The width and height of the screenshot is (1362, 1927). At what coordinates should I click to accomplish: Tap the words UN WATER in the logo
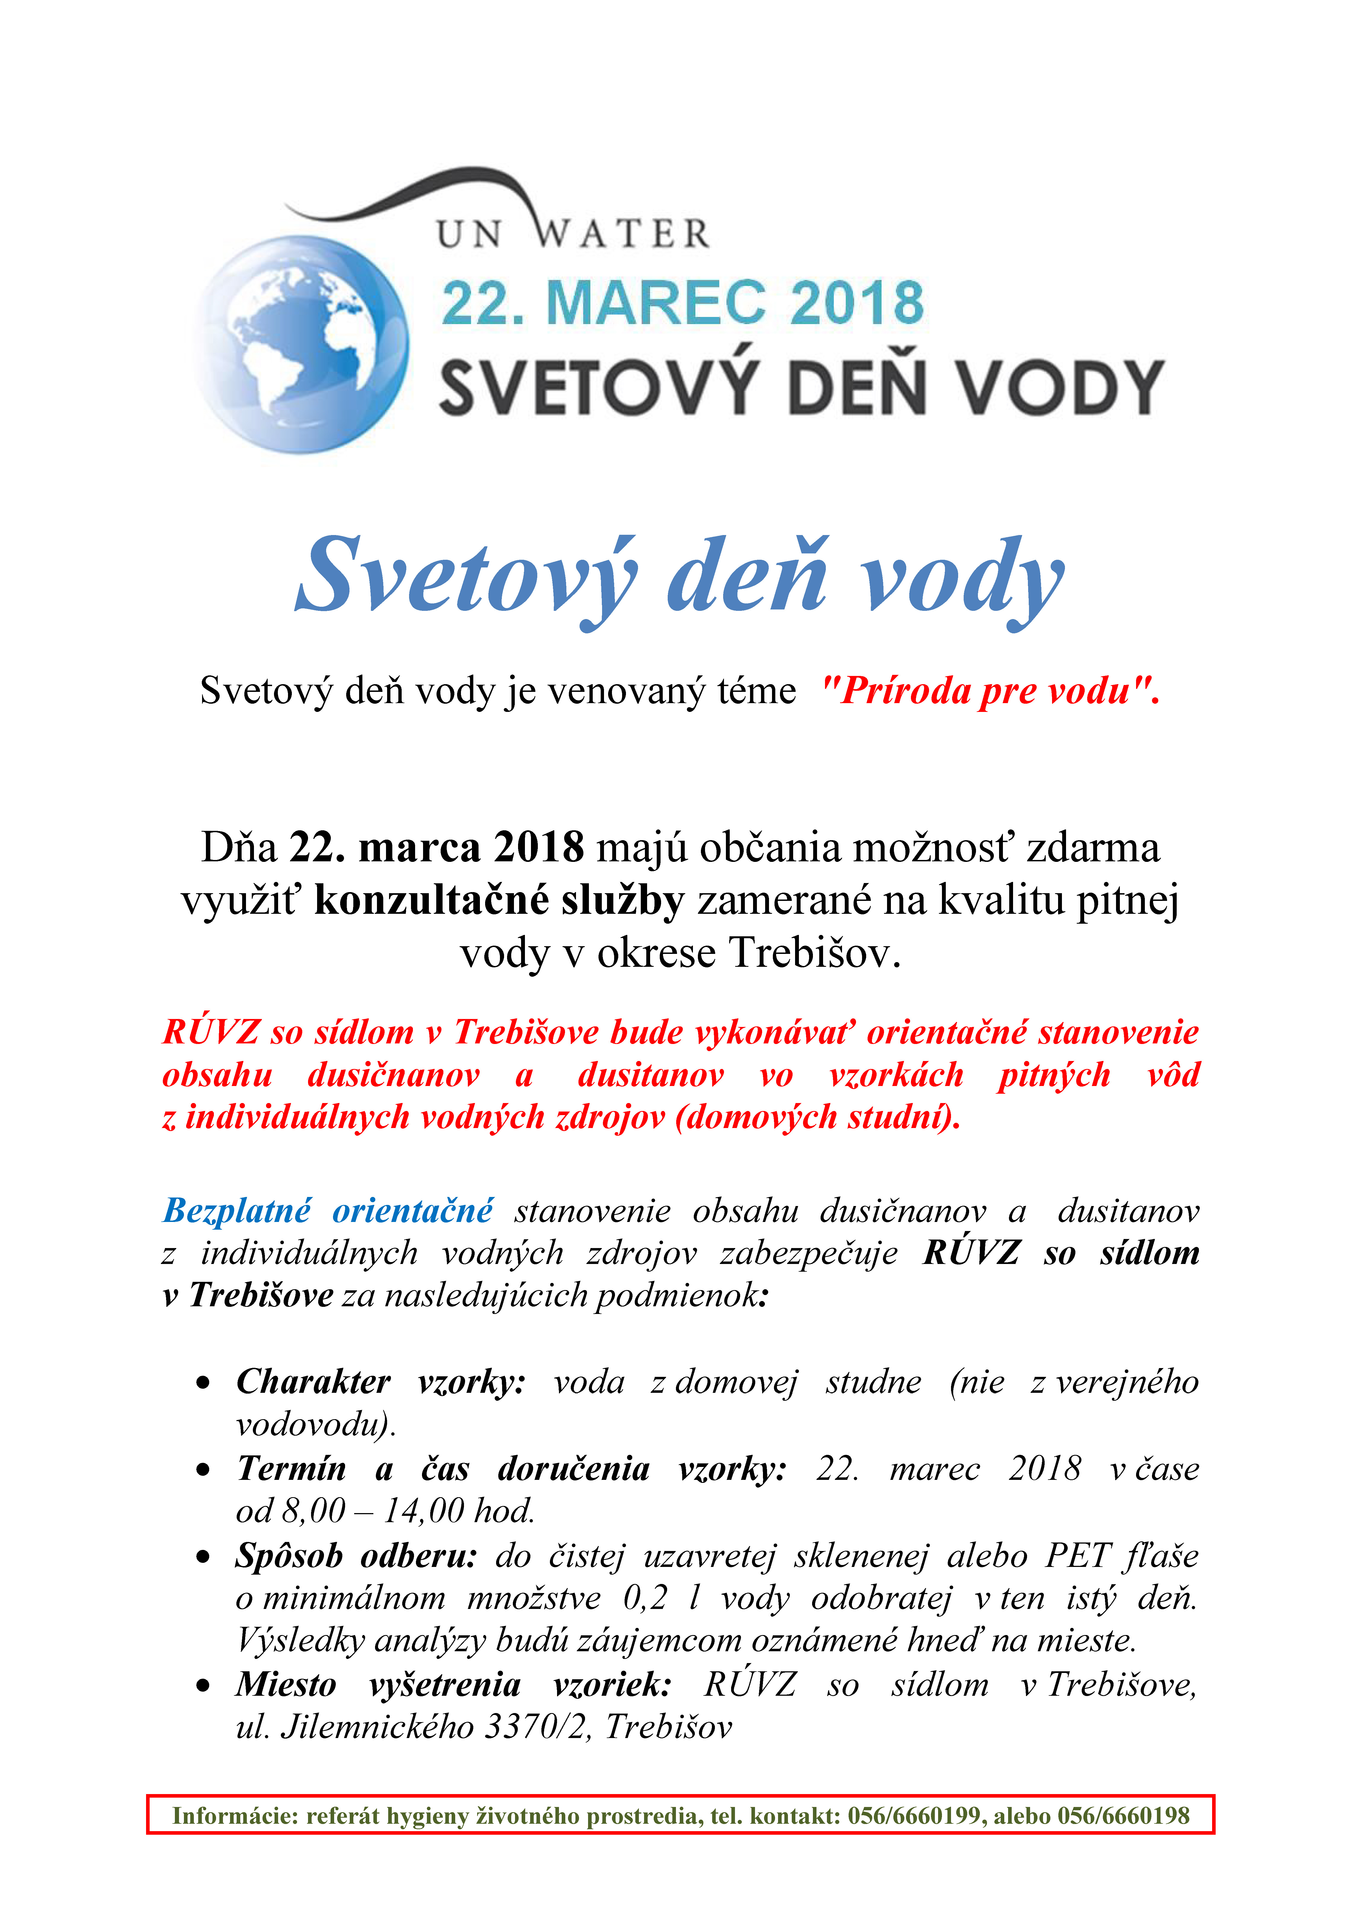click(x=573, y=233)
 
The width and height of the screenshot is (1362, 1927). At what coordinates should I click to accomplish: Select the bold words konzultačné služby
click(x=499, y=900)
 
